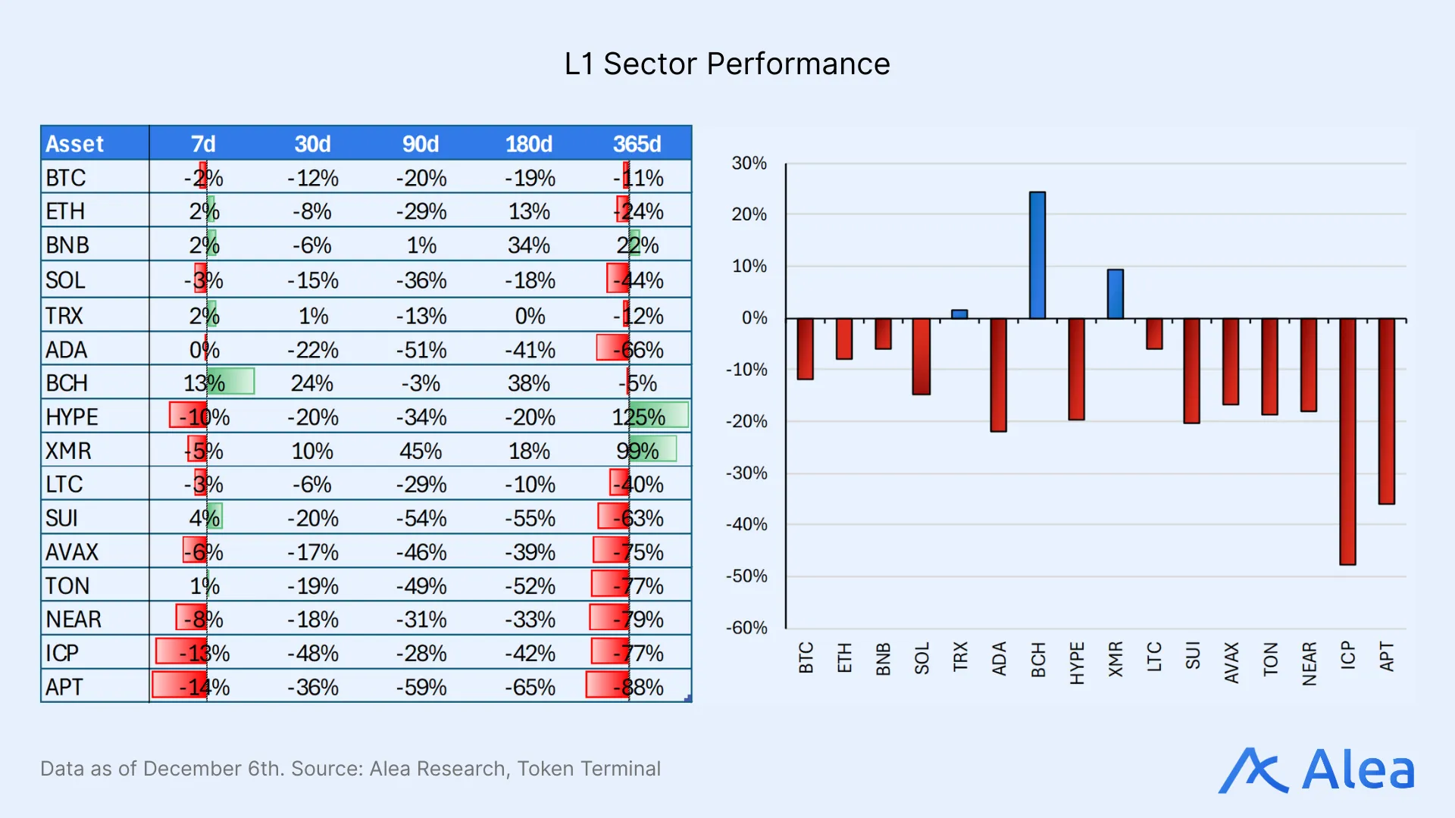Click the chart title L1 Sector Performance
coord(727,64)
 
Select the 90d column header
coord(421,143)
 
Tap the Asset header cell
coord(75,143)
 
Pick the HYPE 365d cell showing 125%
coord(639,417)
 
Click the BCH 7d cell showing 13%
coord(205,382)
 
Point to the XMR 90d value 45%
coord(421,451)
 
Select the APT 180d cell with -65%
coord(530,687)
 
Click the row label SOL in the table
coord(65,280)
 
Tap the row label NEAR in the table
coord(74,619)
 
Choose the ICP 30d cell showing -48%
coord(312,653)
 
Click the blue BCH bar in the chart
coord(1037,254)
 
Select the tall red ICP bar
coord(1347,441)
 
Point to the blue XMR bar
coord(1115,294)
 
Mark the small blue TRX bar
coord(959,314)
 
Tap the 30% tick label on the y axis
coord(749,163)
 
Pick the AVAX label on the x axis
coord(1231,662)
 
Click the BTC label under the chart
coord(806,657)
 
